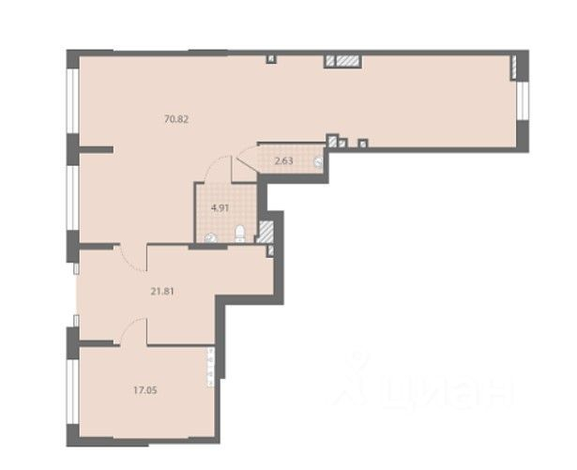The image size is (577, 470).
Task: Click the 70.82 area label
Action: [x=176, y=119]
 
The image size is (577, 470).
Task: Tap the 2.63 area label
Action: [x=284, y=160]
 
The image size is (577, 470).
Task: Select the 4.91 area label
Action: [x=220, y=208]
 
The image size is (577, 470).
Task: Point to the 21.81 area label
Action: [x=162, y=292]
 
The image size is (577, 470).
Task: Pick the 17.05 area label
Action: [x=145, y=390]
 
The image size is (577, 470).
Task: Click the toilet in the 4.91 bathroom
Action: [x=239, y=234]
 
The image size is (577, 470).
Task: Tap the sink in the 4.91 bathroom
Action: [x=211, y=238]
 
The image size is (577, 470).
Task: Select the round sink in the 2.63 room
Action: [x=319, y=161]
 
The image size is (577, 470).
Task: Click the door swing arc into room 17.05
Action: [x=129, y=326]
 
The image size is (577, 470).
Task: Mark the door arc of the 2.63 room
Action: [x=245, y=148]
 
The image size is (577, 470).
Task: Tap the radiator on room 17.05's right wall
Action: [x=211, y=368]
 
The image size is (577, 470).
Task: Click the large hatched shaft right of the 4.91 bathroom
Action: [x=266, y=231]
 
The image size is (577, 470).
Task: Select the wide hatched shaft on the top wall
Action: [x=347, y=61]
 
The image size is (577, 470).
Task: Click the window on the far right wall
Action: [x=523, y=100]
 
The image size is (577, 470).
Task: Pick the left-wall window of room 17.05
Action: [x=72, y=391]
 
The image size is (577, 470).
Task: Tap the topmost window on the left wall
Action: [x=72, y=100]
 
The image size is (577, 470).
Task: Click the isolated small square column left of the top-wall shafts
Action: [x=271, y=59]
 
